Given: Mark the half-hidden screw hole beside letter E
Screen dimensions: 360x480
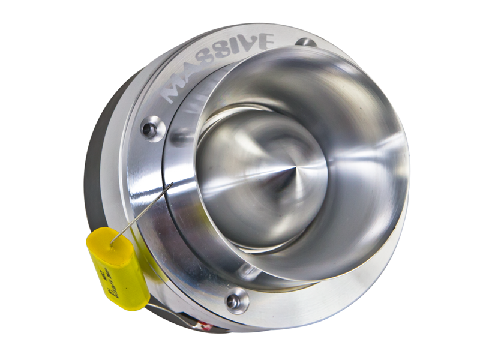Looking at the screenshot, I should [307, 43].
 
